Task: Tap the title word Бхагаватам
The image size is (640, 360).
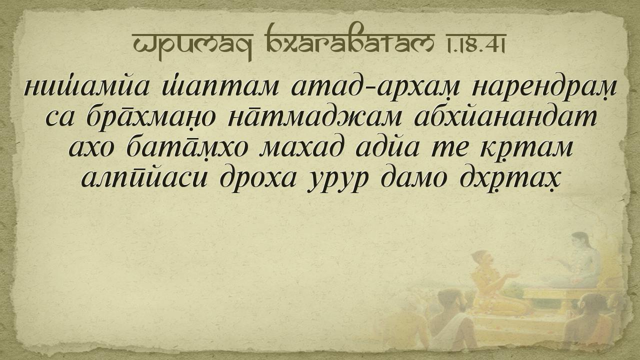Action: click(349, 41)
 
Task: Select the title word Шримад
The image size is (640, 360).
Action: click(192, 45)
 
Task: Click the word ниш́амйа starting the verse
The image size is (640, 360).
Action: click(87, 86)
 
